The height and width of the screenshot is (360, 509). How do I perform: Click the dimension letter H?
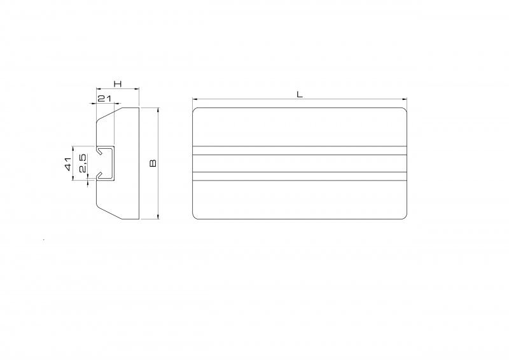click(x=118, y=84)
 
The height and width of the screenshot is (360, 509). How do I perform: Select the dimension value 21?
click(x=104, y=99)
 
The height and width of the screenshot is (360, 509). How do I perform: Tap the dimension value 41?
click(x=68, y=163)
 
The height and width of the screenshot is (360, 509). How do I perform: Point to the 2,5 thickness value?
click(x=83, y=163)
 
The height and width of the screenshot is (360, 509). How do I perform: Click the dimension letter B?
click(x=153, y=163)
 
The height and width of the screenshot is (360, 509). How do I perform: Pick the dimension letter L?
click(x=300, y=95)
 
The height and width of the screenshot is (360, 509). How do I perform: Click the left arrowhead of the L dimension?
click(x=195, y=99)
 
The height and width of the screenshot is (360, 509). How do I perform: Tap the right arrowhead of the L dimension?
click(x=405, y=99)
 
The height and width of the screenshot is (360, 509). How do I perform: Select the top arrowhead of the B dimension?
click(x=158, y=110)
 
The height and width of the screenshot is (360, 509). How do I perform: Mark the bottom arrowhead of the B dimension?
click(x=158, y=216)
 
